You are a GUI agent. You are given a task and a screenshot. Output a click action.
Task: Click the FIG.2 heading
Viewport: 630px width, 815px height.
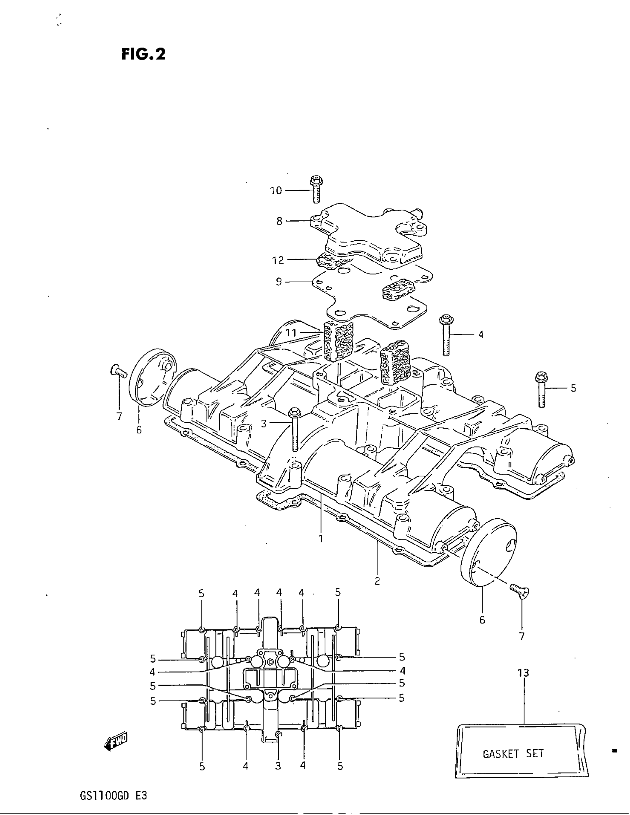click(143, 54)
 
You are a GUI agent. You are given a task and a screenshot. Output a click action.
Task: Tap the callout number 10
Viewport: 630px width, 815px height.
click(276, 191)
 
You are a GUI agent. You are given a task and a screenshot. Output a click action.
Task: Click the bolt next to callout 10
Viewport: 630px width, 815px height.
click(315, 190)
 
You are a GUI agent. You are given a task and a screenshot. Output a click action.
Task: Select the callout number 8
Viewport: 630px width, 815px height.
click(279, 221)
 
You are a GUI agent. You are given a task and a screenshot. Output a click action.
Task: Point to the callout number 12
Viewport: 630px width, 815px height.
click(278, 260)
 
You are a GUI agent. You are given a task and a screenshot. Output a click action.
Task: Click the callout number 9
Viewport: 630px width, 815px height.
click(279, 282)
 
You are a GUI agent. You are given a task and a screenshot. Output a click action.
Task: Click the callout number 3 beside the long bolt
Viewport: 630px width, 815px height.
click(264, 423)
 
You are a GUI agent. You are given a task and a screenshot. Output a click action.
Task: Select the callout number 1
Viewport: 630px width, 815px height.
click(320, 539)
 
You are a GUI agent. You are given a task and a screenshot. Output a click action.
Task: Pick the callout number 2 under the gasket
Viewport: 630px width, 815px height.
click(377, 581)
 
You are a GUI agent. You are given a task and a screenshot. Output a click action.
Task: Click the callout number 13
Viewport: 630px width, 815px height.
click(523, 673)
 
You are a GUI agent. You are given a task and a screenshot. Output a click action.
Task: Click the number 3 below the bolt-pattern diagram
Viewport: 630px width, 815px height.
click(278, 766)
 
